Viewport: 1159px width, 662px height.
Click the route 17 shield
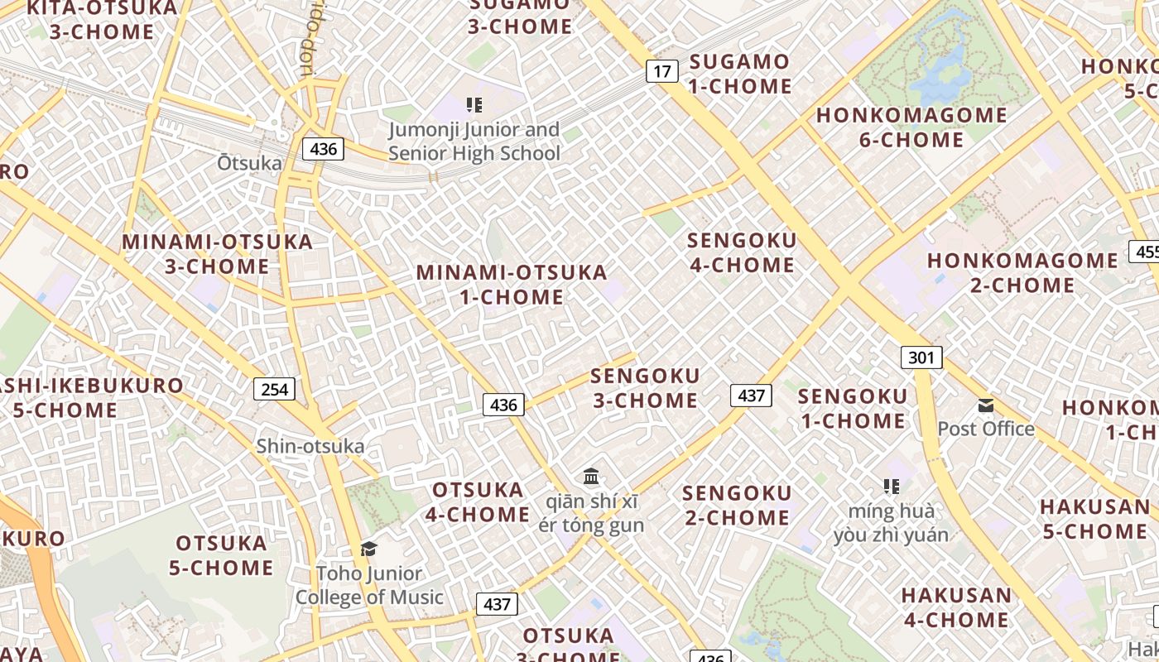[x=661, y=71]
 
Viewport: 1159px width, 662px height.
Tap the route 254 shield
[x=274, y=389]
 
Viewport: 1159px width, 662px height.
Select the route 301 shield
[x=921, y=357]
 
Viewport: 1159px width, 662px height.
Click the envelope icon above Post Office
[x=985, y=405]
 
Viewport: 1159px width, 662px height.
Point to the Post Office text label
[x=986, y=429]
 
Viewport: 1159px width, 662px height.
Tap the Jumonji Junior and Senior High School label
[x=474, y=142]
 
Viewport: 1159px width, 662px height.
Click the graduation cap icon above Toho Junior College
[x=368, y=549]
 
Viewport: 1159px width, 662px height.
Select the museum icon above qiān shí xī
[x=591, y=477]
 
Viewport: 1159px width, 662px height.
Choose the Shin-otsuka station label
[x=310, y=446]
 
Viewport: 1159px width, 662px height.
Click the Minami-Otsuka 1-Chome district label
[x=512, y=284]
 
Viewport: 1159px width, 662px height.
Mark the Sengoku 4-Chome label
[x=742, y=252]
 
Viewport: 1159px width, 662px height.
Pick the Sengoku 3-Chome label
[x=645, y=387]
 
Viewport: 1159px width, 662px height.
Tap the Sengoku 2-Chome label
[x=736, y=505]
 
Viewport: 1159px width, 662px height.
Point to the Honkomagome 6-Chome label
[x=911, y=127]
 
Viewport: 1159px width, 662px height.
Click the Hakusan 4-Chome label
[x=956, y=607]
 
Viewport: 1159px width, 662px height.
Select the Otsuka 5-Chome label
[x=221, y=555]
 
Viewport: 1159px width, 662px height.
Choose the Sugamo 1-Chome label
[x=740, y=74]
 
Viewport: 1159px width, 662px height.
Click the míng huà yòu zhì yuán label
[x=891, y=522]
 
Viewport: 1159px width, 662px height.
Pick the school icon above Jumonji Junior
[x=474, y=105]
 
